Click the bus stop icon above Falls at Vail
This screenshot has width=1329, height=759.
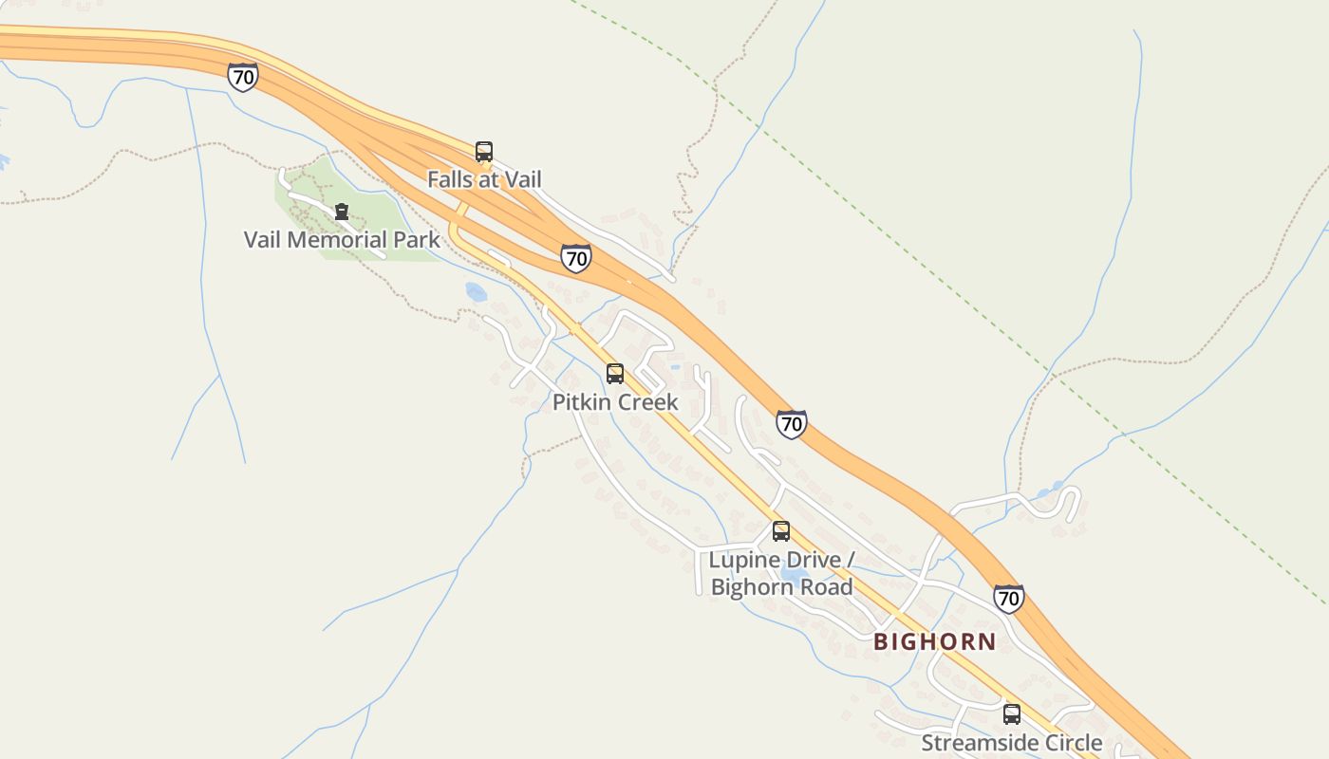[484, 152]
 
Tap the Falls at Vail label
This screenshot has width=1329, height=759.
[484, 179]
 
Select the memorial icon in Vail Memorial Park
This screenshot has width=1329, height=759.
[342, 211]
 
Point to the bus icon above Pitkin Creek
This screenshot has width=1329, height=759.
[615, 374]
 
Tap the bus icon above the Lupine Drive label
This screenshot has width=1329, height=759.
[781, 531]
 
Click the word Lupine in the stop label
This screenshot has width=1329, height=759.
[740, 560]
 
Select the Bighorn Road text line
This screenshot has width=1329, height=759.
[781, 587]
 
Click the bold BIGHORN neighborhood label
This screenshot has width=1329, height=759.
[935, 642]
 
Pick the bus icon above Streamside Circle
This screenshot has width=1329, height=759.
[1012, 714]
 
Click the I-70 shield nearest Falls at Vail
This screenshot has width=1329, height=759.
[575, 258]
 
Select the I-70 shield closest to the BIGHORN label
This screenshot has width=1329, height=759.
[1008, 599]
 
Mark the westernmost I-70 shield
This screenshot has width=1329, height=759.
[243, 77]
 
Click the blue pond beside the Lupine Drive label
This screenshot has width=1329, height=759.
[794, 575]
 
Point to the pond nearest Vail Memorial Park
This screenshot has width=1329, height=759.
[476, 291]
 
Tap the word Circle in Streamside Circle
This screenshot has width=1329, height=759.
[1070, 743]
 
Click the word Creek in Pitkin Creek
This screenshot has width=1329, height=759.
[647, 402]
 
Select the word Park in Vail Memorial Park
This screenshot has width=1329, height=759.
[418, 239]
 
